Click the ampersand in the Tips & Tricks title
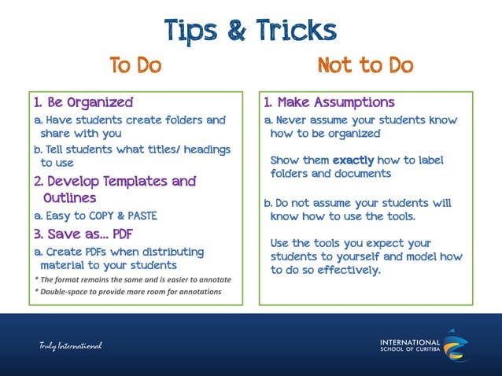point(234,31)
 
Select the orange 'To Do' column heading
point(135,65)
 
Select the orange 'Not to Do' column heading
point(365,65)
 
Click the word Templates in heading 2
point(132,182)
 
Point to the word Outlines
point(70,198)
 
